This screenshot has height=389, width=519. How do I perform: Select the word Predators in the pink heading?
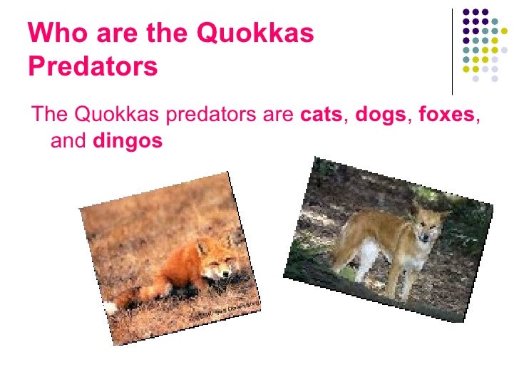[93, 67]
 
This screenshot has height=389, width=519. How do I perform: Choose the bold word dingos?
[128, 142]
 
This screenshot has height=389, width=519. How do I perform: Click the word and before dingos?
[67, 142]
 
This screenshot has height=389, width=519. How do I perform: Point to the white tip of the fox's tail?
[110, 308]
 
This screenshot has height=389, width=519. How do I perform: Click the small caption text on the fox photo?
[230, 308]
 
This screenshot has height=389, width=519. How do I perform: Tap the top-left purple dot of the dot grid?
[467, 12]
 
